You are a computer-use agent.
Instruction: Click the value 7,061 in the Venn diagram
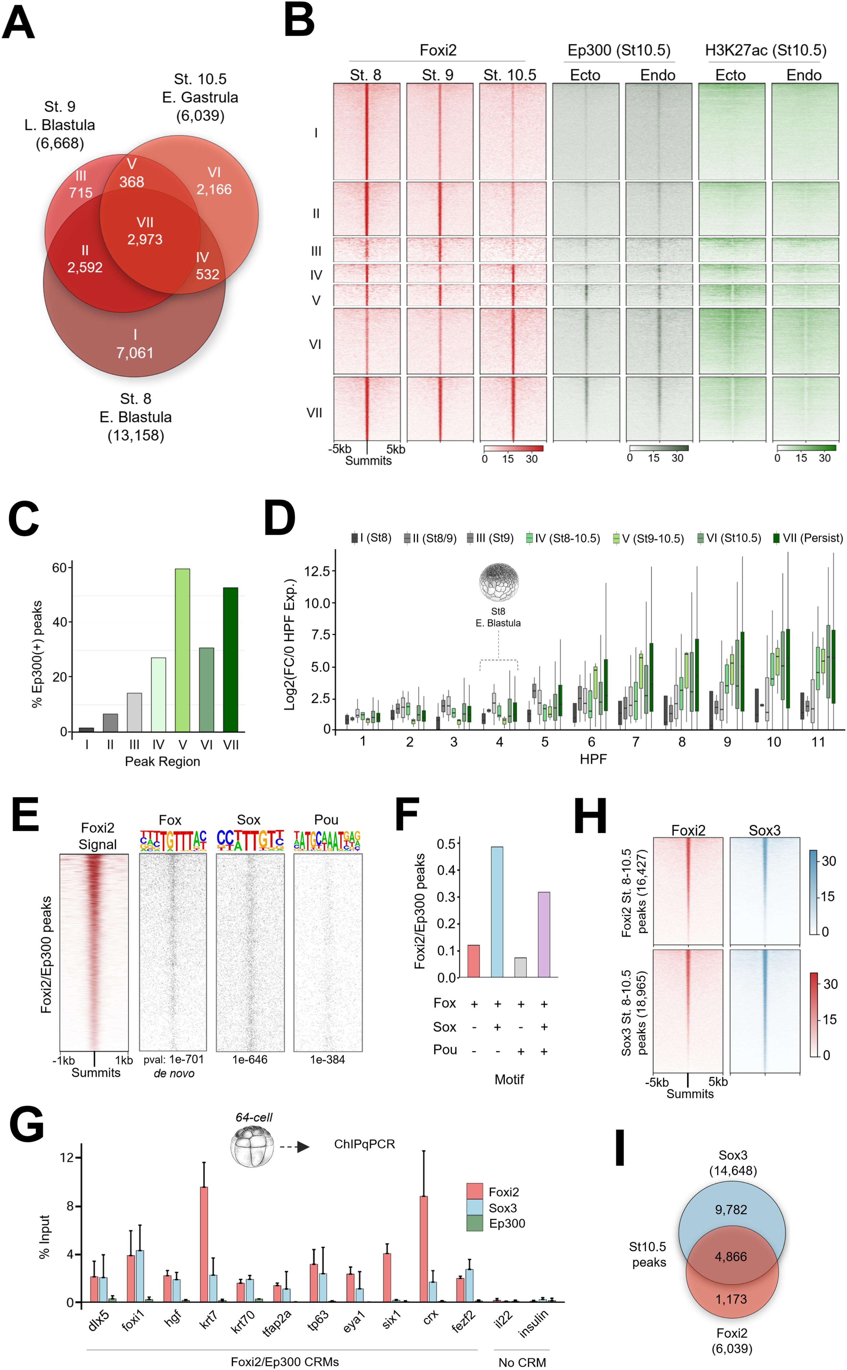[x=134, y=352]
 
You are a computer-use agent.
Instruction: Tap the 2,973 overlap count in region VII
[x=145, y=239]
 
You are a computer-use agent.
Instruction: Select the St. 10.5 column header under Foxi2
[x=510, y=75]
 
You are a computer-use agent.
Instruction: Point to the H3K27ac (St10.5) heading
[x=765, y=51]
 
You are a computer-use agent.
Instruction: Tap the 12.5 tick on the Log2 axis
[x=316, y=571]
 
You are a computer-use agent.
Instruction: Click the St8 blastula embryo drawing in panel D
[x=498, y=583]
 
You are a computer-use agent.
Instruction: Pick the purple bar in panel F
[x=543, y=935]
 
